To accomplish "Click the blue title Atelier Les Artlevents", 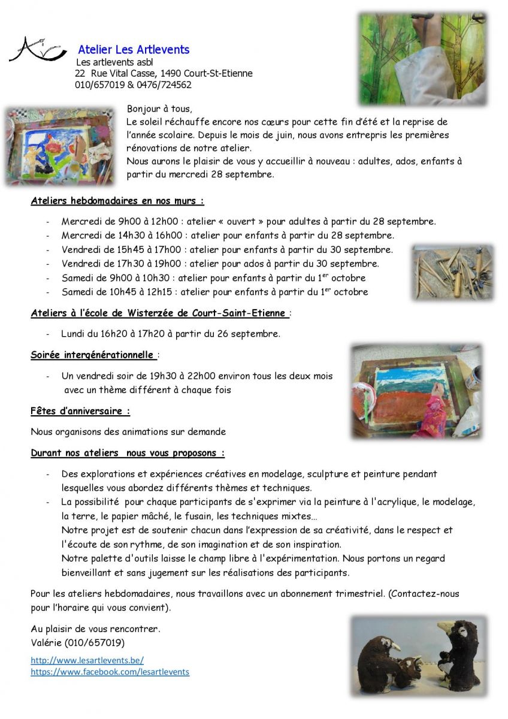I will [x=134, y=50].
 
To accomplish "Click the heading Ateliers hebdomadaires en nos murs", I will [x=117, y=201].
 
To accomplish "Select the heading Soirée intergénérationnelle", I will [x=92, y=355].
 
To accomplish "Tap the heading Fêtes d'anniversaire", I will [x=80, y=411].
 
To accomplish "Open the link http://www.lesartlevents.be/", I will [x=87, y=660].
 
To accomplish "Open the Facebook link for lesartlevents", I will [x=110, y=672].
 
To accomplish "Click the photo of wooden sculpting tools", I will [x=452, y=273].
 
